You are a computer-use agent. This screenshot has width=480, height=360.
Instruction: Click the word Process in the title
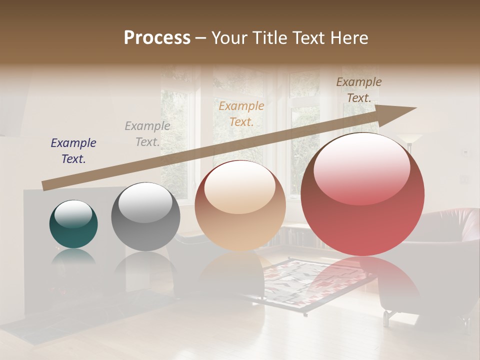coord(157,38)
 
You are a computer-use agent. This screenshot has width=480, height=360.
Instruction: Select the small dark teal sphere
coord(73,224)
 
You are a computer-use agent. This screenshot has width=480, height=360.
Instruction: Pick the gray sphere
coord(145,216)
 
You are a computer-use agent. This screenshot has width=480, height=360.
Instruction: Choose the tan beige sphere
coord(240,205)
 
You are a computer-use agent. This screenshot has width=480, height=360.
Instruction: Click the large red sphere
coord(362,194)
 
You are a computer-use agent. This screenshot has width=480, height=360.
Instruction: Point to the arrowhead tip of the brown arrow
coord(415,108)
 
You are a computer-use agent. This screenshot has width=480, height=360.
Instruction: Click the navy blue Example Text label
coord(73,150)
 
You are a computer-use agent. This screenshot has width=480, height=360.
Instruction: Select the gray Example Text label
coord(147,134)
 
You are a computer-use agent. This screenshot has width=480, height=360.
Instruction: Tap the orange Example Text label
coord(241,113)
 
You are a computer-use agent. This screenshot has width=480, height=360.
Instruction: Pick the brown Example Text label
coord(358,90)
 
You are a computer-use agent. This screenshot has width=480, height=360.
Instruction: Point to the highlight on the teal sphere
coord(73,214)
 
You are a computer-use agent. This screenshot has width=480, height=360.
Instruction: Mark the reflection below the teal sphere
coord(73,258)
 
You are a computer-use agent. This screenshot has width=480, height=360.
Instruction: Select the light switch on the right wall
coord(466,151)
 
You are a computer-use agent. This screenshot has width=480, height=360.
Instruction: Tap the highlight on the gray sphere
coord(145,202)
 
